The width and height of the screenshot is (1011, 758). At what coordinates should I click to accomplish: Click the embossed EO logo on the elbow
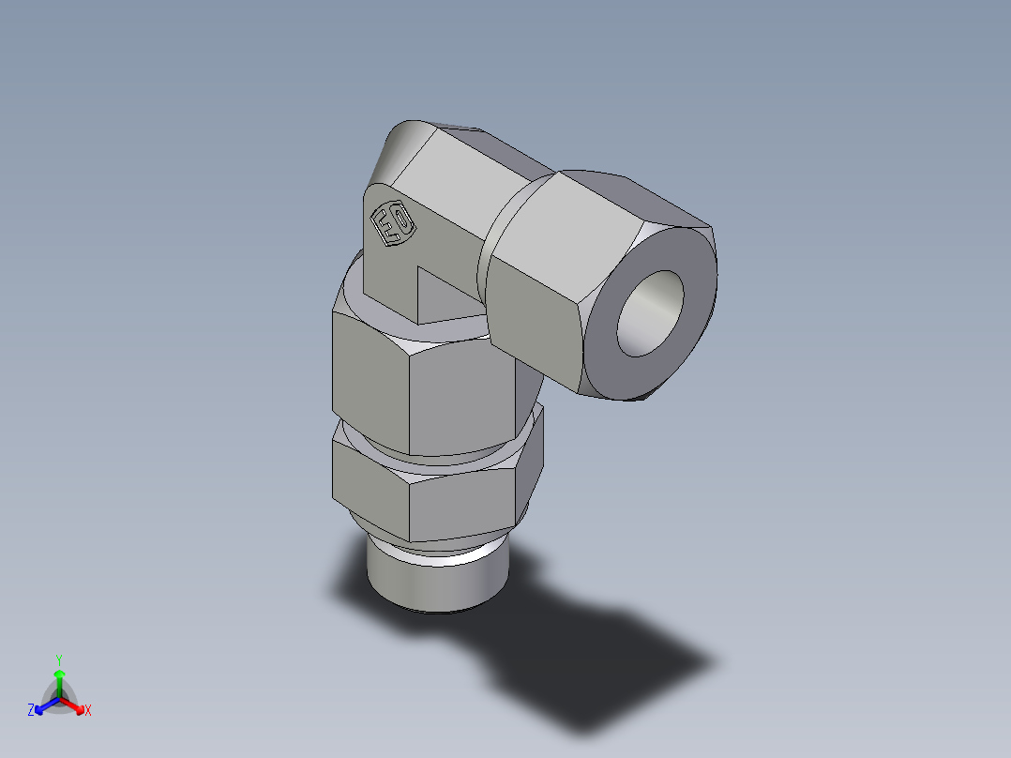tap(393, 225)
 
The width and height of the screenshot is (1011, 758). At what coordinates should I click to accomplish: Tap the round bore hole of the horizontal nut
tap(650, 313)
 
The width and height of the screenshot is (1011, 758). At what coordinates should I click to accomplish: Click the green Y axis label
tap(58, 659)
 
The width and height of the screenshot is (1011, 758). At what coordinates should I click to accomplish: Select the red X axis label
tap(88, 711)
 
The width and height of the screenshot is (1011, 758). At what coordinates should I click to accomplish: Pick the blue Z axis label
tap(31, 711)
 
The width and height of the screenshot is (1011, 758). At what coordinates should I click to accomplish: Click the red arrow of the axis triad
tap(75, 705)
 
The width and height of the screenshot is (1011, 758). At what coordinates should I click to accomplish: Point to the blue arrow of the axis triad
tap(44, 705)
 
